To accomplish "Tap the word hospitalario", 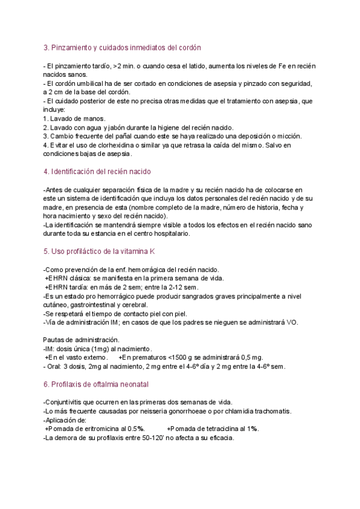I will (169, 233).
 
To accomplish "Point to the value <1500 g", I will (178, 358).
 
